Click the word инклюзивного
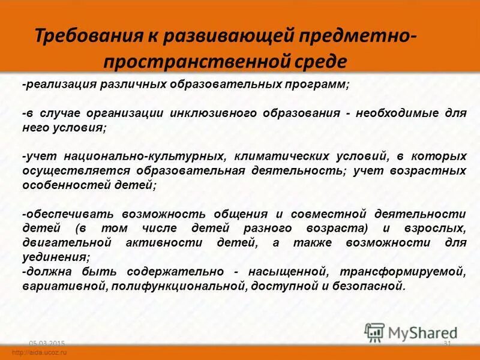pyautogui.click(x=203, y=113)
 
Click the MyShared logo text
pyautogui.click(x=420, y=331)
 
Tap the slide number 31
pyautogui.click(x=446, y=343)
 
